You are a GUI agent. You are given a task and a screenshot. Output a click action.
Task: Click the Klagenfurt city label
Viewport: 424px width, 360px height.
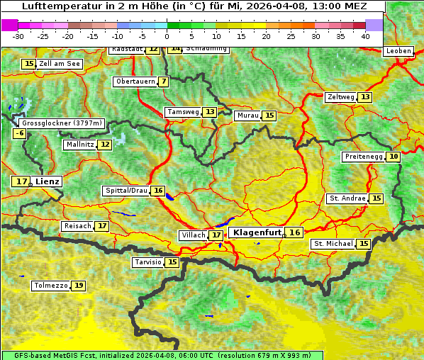tap(257, 232)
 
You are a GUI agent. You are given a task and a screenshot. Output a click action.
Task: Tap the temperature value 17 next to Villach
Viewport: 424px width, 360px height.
tap(216, 235)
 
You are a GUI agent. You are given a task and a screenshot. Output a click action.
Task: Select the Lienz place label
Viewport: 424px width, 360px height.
tap(48, 181)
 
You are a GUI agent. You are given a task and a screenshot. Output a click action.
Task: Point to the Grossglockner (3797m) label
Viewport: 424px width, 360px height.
tap(62, 123)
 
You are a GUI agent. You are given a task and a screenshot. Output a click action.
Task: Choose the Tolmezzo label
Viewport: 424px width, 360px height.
tap(50, 286)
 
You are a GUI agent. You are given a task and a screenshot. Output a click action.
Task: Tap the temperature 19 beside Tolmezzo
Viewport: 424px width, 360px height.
tap(78, 286)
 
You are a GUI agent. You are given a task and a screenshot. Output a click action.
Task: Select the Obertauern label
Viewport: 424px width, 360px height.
tap(135, 81)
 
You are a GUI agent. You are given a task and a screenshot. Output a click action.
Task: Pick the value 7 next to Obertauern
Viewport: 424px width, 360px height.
tap(164, 81)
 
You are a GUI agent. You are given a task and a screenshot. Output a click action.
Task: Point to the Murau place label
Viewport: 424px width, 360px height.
tap(247, 116)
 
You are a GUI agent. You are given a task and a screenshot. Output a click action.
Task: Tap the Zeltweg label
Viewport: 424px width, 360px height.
tap(340, 97)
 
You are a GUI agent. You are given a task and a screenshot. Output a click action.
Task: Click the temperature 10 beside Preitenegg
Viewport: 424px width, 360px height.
tap(393, 157)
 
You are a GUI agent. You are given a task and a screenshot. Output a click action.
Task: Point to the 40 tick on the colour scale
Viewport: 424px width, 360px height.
tap(365, 35)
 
